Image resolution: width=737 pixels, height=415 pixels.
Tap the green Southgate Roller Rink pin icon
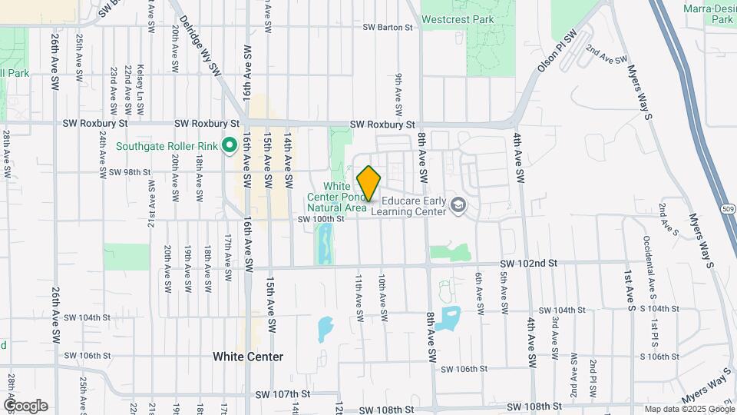pos(228,145)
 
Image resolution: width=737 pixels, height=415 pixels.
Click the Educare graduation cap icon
pos(458,204)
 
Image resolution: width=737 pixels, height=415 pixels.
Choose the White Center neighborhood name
pos(248,357)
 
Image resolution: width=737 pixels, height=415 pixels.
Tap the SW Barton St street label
pos(387,27)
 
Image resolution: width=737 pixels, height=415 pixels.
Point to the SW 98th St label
pos(127,171)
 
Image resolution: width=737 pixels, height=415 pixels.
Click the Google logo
pos(25,405)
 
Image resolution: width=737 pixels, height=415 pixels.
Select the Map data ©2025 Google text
pos(689,409)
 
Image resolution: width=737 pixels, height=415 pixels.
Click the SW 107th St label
pos(284,393)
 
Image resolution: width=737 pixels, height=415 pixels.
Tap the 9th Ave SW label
pos(399,91)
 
